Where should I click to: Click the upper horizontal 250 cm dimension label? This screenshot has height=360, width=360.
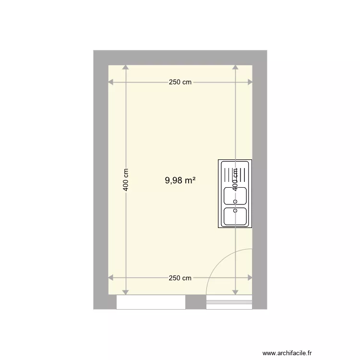(180, 82)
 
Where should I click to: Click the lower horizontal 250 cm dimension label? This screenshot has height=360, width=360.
(180, 278)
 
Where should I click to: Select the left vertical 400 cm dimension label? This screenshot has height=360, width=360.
(126, 180)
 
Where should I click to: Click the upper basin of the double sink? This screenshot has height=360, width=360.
(235, 195)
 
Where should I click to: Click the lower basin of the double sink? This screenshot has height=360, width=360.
(235, 216)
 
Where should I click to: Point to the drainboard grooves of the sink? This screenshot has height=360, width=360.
(235, 173)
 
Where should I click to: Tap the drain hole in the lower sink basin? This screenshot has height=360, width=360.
(235, 210)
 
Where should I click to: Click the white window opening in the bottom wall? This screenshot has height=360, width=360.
(151, 302)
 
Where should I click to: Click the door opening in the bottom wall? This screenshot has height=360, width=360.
(229, 302)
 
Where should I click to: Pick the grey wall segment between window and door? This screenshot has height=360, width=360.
(195, 302)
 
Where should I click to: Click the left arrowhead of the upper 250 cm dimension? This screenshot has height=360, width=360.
(111, 82)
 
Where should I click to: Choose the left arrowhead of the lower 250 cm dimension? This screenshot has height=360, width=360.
(111, 278)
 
